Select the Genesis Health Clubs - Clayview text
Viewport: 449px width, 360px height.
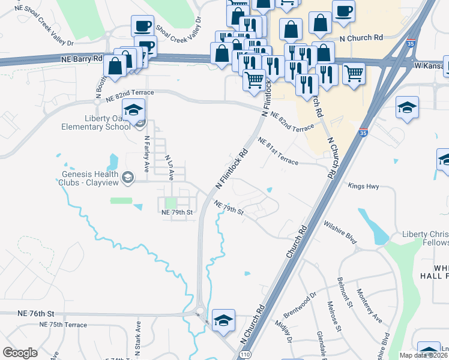89,178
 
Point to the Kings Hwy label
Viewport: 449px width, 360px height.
364,187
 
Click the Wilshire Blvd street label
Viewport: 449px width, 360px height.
340,232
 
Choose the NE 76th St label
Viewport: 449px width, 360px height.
36,314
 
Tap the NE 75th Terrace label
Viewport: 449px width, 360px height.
63,325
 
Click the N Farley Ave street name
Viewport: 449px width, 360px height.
146,154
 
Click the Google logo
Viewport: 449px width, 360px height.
20,353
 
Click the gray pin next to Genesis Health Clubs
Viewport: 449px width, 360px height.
127,177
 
